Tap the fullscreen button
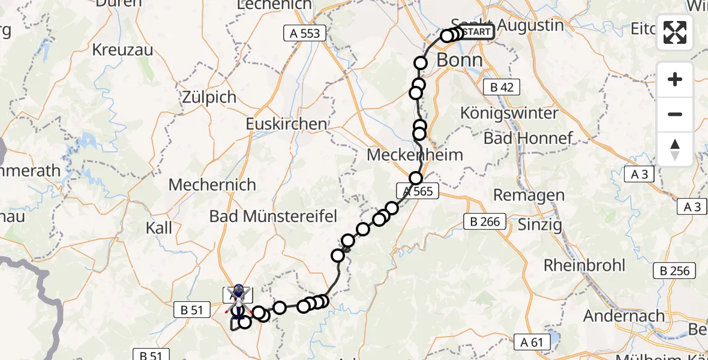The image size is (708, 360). tap(675, 32)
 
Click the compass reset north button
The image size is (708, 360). tap(675, 149)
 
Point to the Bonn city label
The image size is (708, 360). tap(460, 60)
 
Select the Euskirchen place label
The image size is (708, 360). tap(287, 124)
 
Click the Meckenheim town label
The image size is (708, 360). tap(415, 155)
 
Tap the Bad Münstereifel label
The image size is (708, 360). tap(273, 216)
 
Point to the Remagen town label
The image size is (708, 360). tap(529, 195)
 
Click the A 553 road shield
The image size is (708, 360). tap(305, 34)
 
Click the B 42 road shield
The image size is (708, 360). tap(502, 88)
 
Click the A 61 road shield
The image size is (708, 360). tap(532, 343)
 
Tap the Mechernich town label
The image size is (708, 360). tap(212, 185)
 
